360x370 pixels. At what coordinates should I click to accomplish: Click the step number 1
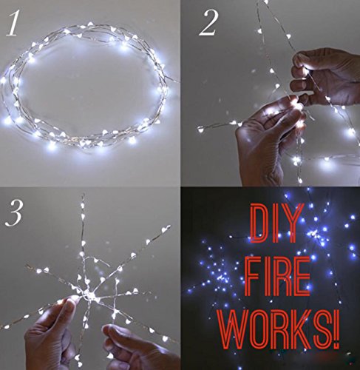(12, 23)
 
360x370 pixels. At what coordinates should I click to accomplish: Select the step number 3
(14, 212)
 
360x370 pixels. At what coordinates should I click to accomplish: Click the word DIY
(276, 223)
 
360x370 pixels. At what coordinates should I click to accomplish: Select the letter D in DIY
(260, 223)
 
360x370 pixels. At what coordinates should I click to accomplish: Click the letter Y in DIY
(291, 223)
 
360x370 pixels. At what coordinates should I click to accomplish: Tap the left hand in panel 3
(50, 335)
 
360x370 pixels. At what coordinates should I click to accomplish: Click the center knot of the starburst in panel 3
(90, 295)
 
